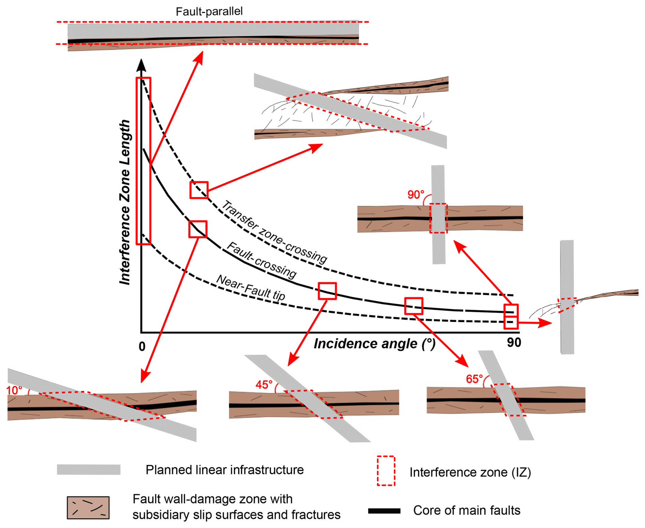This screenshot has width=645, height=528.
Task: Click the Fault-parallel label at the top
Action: [x=209, y=12]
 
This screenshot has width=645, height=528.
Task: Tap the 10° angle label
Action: [x=14, y=390]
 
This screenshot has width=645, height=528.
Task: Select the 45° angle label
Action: [x=264, y=385]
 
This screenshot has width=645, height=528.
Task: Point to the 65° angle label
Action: [x=474, y=379]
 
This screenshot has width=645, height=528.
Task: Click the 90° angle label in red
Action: [x=416, y=195]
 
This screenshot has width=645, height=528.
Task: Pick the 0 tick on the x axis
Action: [x=142, y=347]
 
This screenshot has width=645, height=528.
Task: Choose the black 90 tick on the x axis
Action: [x=514, y=342]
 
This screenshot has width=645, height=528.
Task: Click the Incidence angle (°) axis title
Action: [x=374, y=344]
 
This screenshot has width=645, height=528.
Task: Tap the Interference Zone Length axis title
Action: [x=125, y=202]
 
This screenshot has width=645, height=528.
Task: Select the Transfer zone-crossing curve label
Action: [x=274, y=232]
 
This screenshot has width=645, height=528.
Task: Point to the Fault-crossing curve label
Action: [x=261, y=260]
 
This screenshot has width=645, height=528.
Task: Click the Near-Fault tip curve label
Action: [x=251, y=288]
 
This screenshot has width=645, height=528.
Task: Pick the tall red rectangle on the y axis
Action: [x=144, y=161]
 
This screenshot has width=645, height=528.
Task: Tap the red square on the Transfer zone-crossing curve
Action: [x=199, y=190]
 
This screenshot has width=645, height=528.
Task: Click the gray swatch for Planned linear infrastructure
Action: [x=89, y=470]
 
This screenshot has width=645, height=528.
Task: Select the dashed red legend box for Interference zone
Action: [x=386, y=471]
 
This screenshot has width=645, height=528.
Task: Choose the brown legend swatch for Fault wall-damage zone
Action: [x=88, y=508]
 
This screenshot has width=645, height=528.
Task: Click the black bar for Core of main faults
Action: [x=384, y=511]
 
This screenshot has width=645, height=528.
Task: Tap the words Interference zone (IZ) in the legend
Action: [x=470, y=472]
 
